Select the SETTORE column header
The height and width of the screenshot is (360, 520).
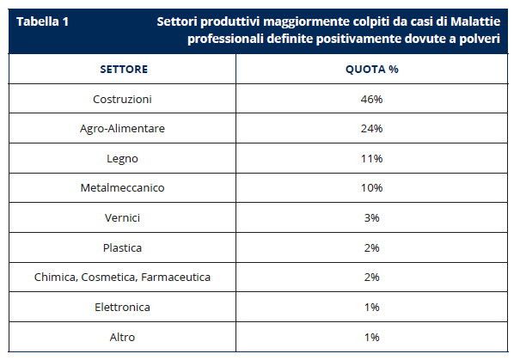click(x=123, y=69)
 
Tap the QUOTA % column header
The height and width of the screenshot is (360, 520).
click(x=371, y=69)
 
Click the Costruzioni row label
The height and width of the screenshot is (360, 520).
click(x=123, y=99)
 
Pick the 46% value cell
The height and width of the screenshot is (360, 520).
click(x=371, y=99)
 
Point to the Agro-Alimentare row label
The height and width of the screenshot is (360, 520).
click(x=123, y=129)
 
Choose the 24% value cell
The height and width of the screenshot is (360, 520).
click(x=371, y=129)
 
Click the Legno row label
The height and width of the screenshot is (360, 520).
click(x=123, y=158)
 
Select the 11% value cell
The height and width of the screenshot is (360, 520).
click(x=371, y=158)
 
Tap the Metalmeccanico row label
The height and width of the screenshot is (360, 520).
click(x=123, y=188)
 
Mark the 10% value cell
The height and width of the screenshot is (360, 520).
click(x=371, y=188)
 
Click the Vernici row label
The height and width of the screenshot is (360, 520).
click(x=123, y=218)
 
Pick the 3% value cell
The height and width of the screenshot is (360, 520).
click(x=371, y=218)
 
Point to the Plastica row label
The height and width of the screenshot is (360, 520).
click(x=123, y=247)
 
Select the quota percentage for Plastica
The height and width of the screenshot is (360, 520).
click(x=371, y=247)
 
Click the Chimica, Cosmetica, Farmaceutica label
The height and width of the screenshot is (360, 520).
click(x=123, y=278)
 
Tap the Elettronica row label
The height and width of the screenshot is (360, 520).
click(x=123, y=307)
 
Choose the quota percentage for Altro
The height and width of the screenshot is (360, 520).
click(x=371, y=337)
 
